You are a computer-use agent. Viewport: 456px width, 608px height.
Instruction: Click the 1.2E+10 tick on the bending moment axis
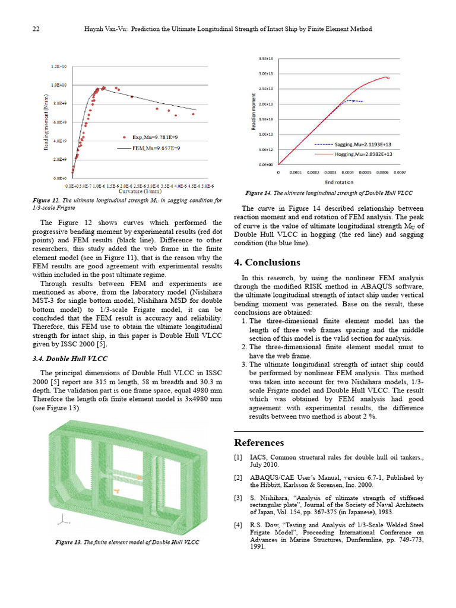[x=58, y=66]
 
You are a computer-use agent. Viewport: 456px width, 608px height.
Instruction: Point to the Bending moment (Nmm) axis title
[x=46, y=123]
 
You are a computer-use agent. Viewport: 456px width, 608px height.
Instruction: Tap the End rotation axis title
[x=339, y=182]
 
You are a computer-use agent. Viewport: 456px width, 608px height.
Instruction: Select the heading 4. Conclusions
[x=267, y=262]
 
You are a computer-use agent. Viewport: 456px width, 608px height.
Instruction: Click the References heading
[x=259, y=443]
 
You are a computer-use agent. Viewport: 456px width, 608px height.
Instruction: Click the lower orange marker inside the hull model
[x=117, y=491]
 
